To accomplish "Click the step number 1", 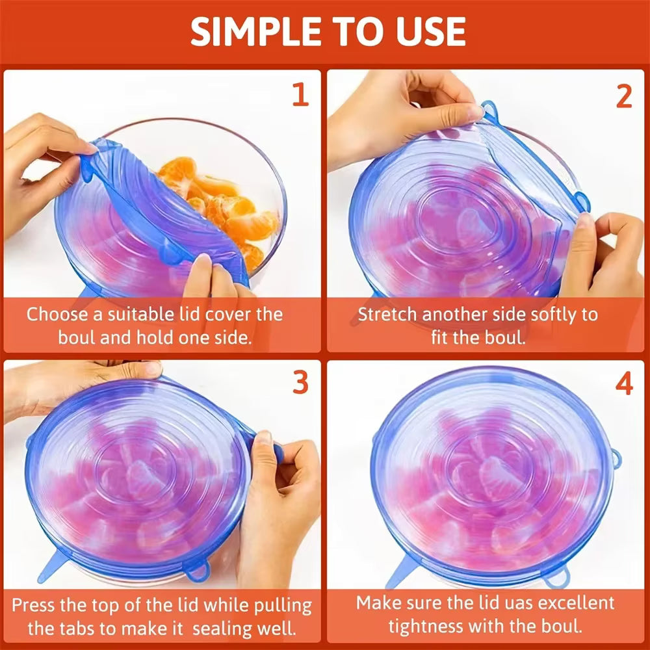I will click(x=300, y=95).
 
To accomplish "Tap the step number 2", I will click(x=623, y=96).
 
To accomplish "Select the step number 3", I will click(x=300, y=383).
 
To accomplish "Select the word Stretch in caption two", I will click(x=388, y=315).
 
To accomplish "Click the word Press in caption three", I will click(x=36, y=604).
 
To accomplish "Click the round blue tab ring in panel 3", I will click(x=196, y=570).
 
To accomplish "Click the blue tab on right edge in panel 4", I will click(x=615, y=459).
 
